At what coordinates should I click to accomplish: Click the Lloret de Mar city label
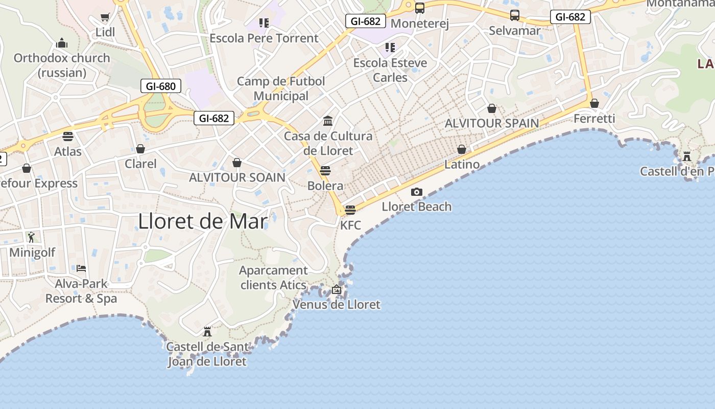pyautogui.click(x=203, y=221)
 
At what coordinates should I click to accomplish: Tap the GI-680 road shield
pyautogui.click(x=161, y=86)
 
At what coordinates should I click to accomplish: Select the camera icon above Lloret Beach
pyautogui.click(x=417, y=192)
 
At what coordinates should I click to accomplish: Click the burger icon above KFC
pyautogui.click(x=350, y=210)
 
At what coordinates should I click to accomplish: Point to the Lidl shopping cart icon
pyautogui.click(x=105, y=17)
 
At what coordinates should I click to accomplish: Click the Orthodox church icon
pyautogui.click(x=62, y=42)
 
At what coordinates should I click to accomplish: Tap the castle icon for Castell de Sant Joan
pyautogui.click(x=207, y=332)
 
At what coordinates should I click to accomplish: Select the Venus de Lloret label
pyautogui.click(x=336, y=305)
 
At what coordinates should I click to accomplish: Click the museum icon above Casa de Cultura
pyautogui.click(x=328, y=121)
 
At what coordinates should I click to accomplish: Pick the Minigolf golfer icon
pyautogui.click(x=32, y=237)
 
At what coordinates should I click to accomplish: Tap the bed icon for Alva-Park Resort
pyautogui.click(x=81, y=268)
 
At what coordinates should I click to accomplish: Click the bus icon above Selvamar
pyautogui.click(x=514, y=16)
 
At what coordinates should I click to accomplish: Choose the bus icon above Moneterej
pyautogui.click(x=419, y=9)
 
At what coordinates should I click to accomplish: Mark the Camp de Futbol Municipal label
pyautogui.click(x=281, y=88)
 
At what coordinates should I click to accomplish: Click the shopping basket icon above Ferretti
pyautogui.click(x=594, y=104)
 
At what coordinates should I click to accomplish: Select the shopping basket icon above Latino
pyautogui.click(x=462, y=149)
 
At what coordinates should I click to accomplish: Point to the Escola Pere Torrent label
pyautogui.click(x=264, y=38)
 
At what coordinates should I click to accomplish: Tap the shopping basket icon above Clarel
pyautogui.click(x=140, y=149)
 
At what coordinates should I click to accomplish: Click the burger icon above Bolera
pyautogui.click(x=325, y=171)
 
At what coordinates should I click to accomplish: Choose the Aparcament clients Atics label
pyautogui.click(x=274, y=278)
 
